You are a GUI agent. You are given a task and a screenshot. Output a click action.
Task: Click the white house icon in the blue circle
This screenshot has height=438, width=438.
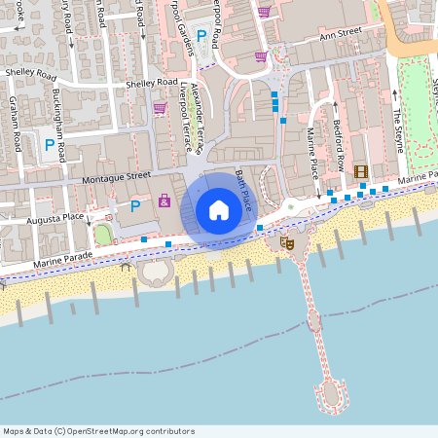pyautogui.click(x=219, y=209)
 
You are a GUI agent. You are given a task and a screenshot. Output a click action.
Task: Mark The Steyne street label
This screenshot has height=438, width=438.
pyautogui.click(x=397, y=128)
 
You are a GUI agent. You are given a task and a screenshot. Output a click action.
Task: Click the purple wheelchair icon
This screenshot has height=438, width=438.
pyautogui.click(x=164, y=201)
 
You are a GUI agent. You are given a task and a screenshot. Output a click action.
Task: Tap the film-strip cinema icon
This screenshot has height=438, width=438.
pyautogui.click(x=361, y=171)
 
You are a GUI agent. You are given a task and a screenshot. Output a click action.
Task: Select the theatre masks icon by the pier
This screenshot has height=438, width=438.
pyautogui.click(x=286, y=242)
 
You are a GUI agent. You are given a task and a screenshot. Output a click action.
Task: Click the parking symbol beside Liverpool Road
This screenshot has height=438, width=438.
pyautogui.click(x=201, y=36)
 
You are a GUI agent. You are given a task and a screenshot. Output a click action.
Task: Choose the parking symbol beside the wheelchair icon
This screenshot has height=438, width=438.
pyautogui.click(x=135, y=204)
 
